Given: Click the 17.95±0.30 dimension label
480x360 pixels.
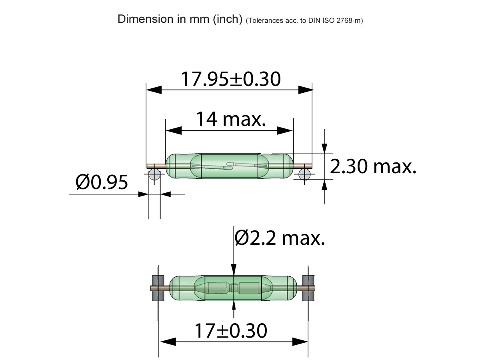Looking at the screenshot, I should [230, 79].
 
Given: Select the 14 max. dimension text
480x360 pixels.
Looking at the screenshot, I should [231, 119].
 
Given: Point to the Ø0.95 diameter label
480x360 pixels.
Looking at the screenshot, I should [102, 182].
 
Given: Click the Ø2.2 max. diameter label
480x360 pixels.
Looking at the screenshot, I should [280, 238].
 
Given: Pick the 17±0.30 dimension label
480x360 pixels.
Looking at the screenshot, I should [230, 331].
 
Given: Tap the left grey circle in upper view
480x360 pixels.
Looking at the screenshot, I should [154, 175].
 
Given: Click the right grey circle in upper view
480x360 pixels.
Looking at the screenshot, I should [305, 175].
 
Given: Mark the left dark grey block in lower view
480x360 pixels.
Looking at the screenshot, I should [158, 288].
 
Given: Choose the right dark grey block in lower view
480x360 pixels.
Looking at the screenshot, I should [308, 288].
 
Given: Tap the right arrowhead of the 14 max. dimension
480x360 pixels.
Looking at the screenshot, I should [286, 130].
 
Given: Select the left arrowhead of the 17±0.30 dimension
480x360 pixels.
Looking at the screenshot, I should [168, 342].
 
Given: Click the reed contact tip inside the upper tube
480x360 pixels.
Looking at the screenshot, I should [230, 164].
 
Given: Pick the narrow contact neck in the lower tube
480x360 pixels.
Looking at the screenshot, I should [234, 288].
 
